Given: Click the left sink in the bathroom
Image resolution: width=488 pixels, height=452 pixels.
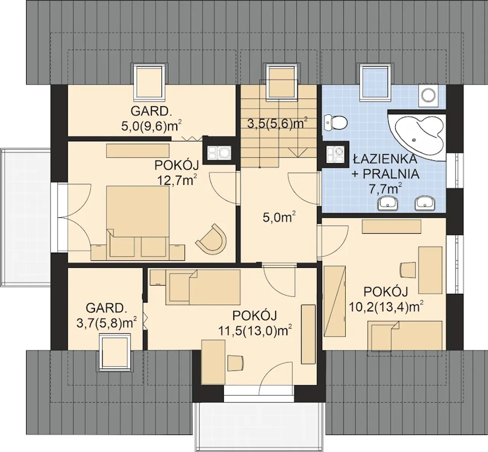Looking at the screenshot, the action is (388, 204).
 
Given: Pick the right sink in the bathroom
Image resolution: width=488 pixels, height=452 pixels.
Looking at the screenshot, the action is (425, 204).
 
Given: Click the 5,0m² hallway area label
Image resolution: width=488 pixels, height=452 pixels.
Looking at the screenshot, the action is (279, 217).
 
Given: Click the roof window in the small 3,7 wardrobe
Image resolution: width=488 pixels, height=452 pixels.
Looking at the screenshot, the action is (115, 353).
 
